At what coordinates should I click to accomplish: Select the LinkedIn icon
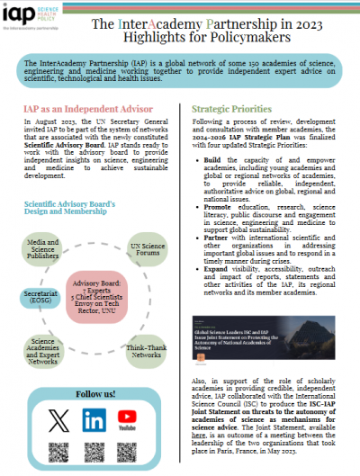coord(93,420)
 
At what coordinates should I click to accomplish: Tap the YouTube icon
coord(130,420)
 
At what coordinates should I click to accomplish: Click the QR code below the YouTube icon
coord(130,454)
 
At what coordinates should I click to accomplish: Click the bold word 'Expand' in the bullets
coord(217,294)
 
